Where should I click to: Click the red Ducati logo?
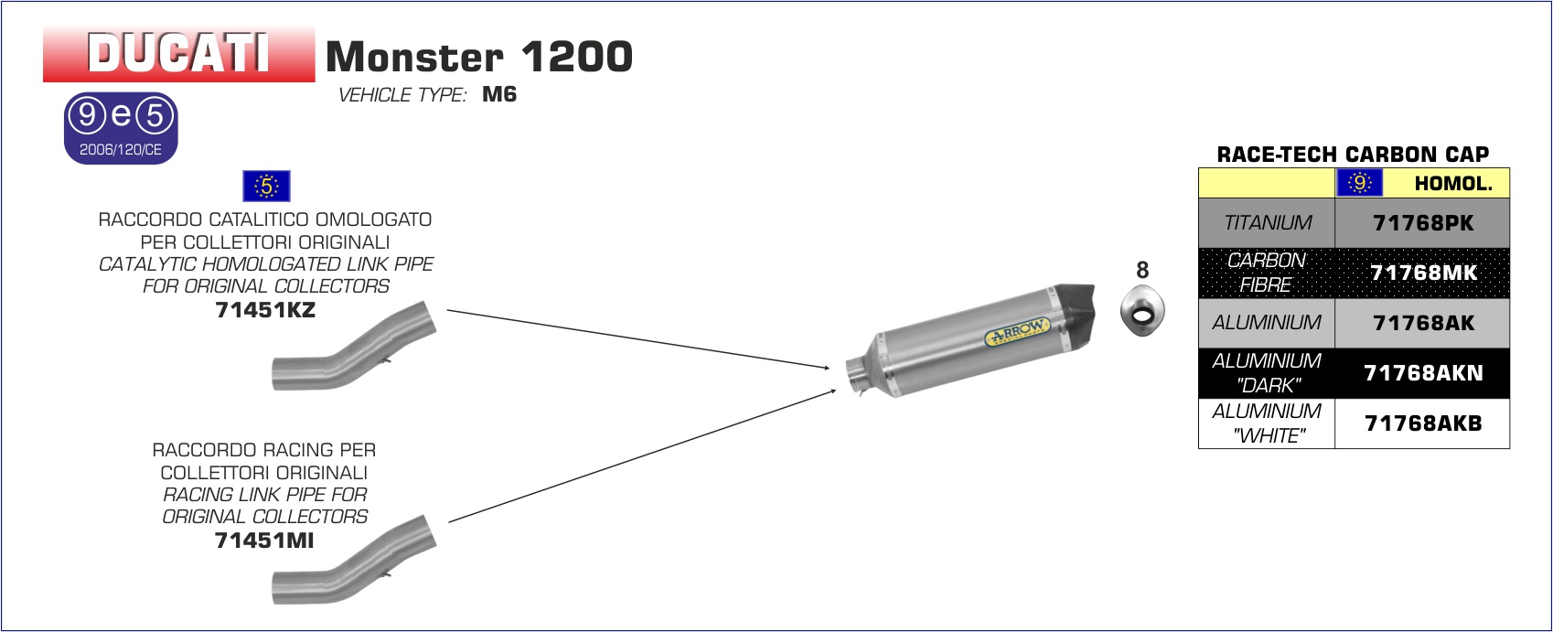click(179, 54)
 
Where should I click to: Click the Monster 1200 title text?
click(479, 56)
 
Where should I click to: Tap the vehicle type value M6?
click(499, 94)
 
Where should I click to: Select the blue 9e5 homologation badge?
click(121, 128)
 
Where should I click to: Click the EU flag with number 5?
click(266, 186)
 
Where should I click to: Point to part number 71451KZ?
click(265, 309)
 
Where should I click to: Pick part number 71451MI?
click(264, 540)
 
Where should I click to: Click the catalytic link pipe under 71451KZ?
click(354, 346)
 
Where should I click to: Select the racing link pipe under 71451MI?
click(354, 560)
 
